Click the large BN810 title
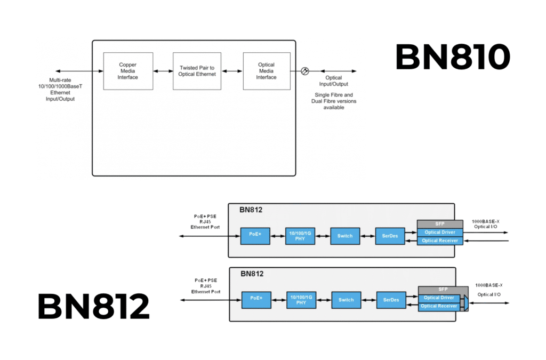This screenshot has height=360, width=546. pos(453,57)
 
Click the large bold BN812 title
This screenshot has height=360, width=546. pos(93,307)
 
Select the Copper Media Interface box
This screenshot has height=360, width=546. pos(128,71)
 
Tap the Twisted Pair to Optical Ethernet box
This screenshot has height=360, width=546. pos(197,71)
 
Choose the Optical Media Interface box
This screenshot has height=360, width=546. pos(267,71)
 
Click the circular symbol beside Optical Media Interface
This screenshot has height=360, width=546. pos(305,71)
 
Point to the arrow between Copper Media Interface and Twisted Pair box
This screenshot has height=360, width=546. pos(163,71)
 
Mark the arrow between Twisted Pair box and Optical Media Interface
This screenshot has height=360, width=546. pos(232,71)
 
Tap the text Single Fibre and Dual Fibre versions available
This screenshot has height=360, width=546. pos(334,101)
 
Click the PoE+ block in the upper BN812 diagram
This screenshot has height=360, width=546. pos(255,235)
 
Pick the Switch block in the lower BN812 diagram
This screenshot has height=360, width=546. pos(346,300)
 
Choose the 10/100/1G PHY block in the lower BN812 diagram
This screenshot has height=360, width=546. pos(301,300)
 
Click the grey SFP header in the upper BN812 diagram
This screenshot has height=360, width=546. pos(440,223)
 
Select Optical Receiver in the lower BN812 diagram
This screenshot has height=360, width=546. pos(439,306)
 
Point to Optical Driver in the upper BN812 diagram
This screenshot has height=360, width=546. pos(440,232)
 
